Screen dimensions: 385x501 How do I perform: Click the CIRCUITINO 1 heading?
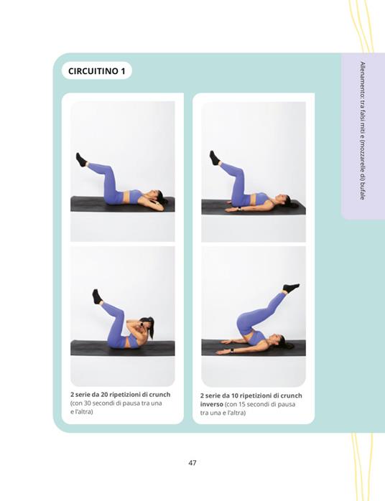[96, 70]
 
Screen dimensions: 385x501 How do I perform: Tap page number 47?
[192, 463]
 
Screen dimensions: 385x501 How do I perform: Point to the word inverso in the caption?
[212, 404]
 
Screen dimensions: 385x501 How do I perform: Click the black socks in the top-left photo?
[81, 159]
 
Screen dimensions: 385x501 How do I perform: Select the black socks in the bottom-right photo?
[291, 288]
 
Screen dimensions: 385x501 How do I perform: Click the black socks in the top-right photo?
[215, 158]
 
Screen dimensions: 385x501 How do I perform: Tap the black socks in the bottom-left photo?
[97, 296]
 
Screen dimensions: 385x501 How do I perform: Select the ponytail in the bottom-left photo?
[150, 327]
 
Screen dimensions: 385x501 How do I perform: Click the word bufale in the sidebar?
[362, 191]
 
